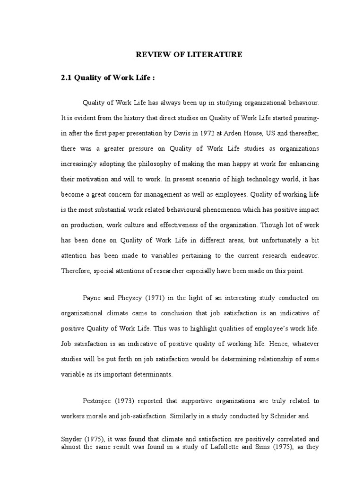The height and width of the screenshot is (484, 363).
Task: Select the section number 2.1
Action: click(67, 78)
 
